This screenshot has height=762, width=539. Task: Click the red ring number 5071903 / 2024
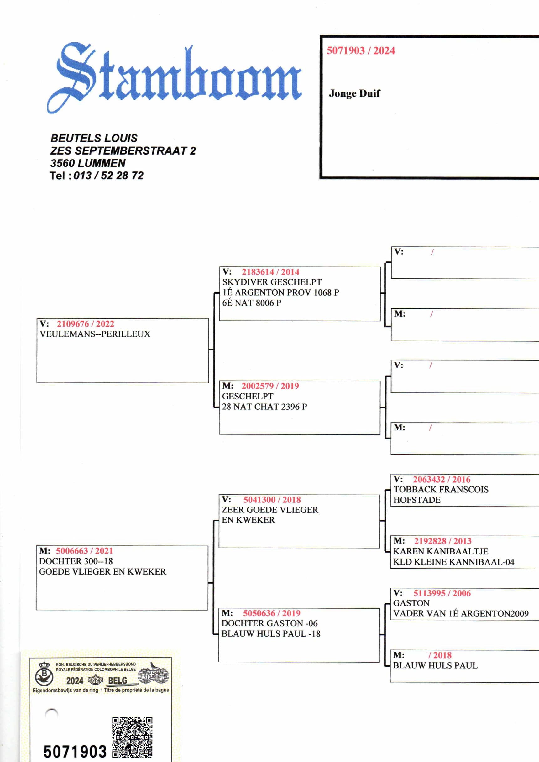click(361, 51)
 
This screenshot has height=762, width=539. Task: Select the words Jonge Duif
click(354, 93)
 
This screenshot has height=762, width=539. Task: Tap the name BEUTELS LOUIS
click(94, 138)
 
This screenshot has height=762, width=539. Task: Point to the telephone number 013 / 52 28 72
click(108, 176)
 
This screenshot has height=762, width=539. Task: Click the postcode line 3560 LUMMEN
click(88, 163)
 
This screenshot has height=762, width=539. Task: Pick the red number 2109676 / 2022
click(85, 324)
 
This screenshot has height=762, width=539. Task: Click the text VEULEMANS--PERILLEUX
click(95, 334)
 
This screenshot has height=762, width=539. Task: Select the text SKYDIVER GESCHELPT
click(272, 282)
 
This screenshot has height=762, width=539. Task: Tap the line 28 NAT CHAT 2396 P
click(264, 407)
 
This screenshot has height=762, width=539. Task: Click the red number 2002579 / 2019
click(270, 386)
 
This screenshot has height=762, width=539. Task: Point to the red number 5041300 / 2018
click(272, 500)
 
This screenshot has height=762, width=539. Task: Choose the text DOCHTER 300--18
click(76, 561)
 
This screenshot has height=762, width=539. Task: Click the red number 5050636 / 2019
click(271, 613)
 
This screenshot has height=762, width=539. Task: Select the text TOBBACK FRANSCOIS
click(441, 490)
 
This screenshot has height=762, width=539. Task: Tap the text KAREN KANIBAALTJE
click(440, 552)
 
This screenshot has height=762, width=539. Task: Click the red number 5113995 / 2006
click(442, 593)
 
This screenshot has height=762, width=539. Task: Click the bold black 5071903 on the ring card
click(75, 752)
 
